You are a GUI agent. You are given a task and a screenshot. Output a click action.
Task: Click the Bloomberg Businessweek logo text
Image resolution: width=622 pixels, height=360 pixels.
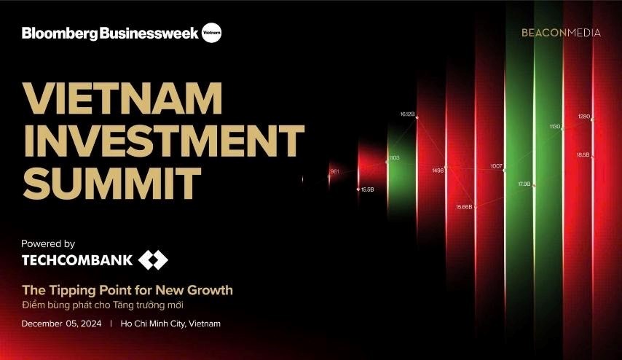pyautogui.click(x=109, y=34)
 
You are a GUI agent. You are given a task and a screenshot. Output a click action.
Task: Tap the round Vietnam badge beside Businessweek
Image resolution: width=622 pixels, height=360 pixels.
pyautogui.click(x=211, y=33)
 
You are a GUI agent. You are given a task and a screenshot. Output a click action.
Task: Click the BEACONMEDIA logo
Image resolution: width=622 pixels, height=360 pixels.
pyautogui.click(x=561, y=33)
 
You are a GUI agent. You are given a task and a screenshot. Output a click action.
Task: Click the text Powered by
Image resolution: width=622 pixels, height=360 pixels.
pyautogui.click(x=48, y=244)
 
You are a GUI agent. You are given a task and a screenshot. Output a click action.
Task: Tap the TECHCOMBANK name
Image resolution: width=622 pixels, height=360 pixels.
pyautogui.click(x=77, y=260)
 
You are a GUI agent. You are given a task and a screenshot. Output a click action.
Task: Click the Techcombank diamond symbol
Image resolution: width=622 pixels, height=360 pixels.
pyautogui.click(x=154, y=260)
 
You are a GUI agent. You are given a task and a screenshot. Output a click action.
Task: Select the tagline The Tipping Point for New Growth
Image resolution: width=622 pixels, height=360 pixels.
pyautogui.click(x=127, y=290)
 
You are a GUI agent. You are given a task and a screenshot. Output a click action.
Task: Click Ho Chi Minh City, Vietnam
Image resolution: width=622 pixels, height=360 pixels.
pyautogui.click(x=171, y=323)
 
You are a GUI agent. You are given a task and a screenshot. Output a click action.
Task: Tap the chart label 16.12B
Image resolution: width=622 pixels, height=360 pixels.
pyautogui.click(x=407, y=114)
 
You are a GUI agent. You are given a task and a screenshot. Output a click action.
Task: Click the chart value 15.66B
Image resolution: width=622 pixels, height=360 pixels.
pyautogui.click(x=464, y=207)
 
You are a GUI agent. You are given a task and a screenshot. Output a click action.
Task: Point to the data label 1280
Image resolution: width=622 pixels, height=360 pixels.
pyautogui.click(x=584, y=117)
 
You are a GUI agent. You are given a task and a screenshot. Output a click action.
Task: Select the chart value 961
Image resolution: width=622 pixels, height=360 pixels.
pyautogui.click(x=334, y=171)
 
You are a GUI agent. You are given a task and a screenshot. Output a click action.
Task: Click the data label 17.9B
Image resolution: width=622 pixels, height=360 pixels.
pyautogui.click(x=524, y=184)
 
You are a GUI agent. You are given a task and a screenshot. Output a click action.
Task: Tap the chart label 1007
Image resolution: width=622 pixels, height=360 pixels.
pyautogui.click(x=497, y=166)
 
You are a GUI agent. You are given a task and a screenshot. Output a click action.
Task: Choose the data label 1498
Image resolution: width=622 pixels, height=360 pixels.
pyautogui.click(x=438, y=171)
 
